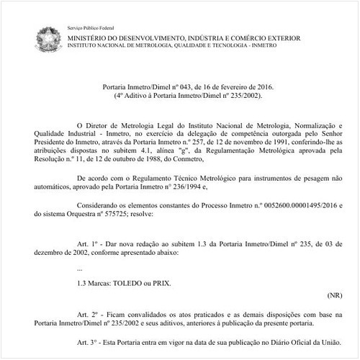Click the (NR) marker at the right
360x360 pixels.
tap(334, 295)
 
